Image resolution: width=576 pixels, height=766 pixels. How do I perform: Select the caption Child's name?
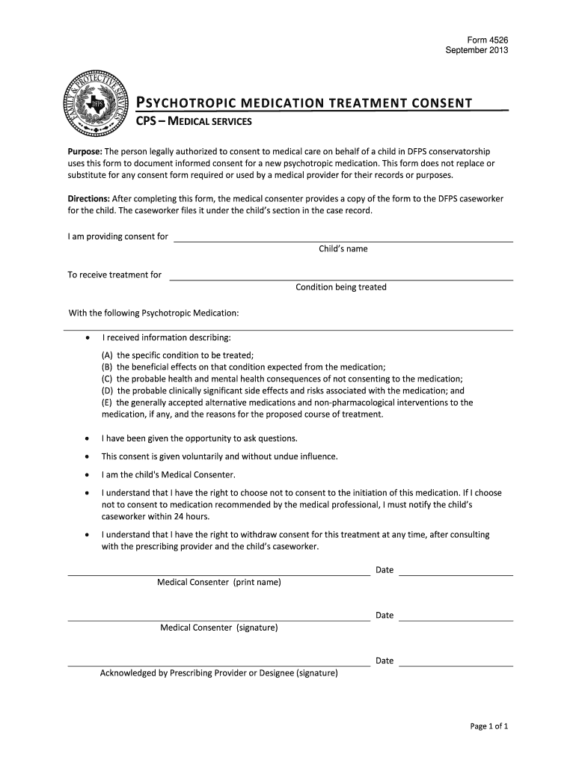pos(343,249)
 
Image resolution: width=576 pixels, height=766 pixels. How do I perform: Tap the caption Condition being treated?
pos(341,287)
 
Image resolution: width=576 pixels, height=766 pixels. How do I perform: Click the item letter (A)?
pos(108,355)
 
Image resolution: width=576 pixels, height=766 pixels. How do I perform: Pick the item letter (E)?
pos(108,402)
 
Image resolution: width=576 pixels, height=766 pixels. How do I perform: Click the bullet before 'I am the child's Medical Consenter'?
pos(89,475)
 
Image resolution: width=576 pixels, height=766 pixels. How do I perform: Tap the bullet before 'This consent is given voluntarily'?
pos(89,456)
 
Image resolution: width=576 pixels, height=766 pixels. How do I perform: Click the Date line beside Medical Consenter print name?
pos(456,574)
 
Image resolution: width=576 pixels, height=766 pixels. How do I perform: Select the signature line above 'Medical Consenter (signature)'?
pos(218,620)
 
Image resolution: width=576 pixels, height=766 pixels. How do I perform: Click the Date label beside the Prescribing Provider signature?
pos(384,661)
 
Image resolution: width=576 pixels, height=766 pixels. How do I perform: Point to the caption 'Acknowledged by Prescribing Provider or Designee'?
pos(219,673)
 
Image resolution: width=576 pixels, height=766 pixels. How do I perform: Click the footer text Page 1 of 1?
pos(489,726)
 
